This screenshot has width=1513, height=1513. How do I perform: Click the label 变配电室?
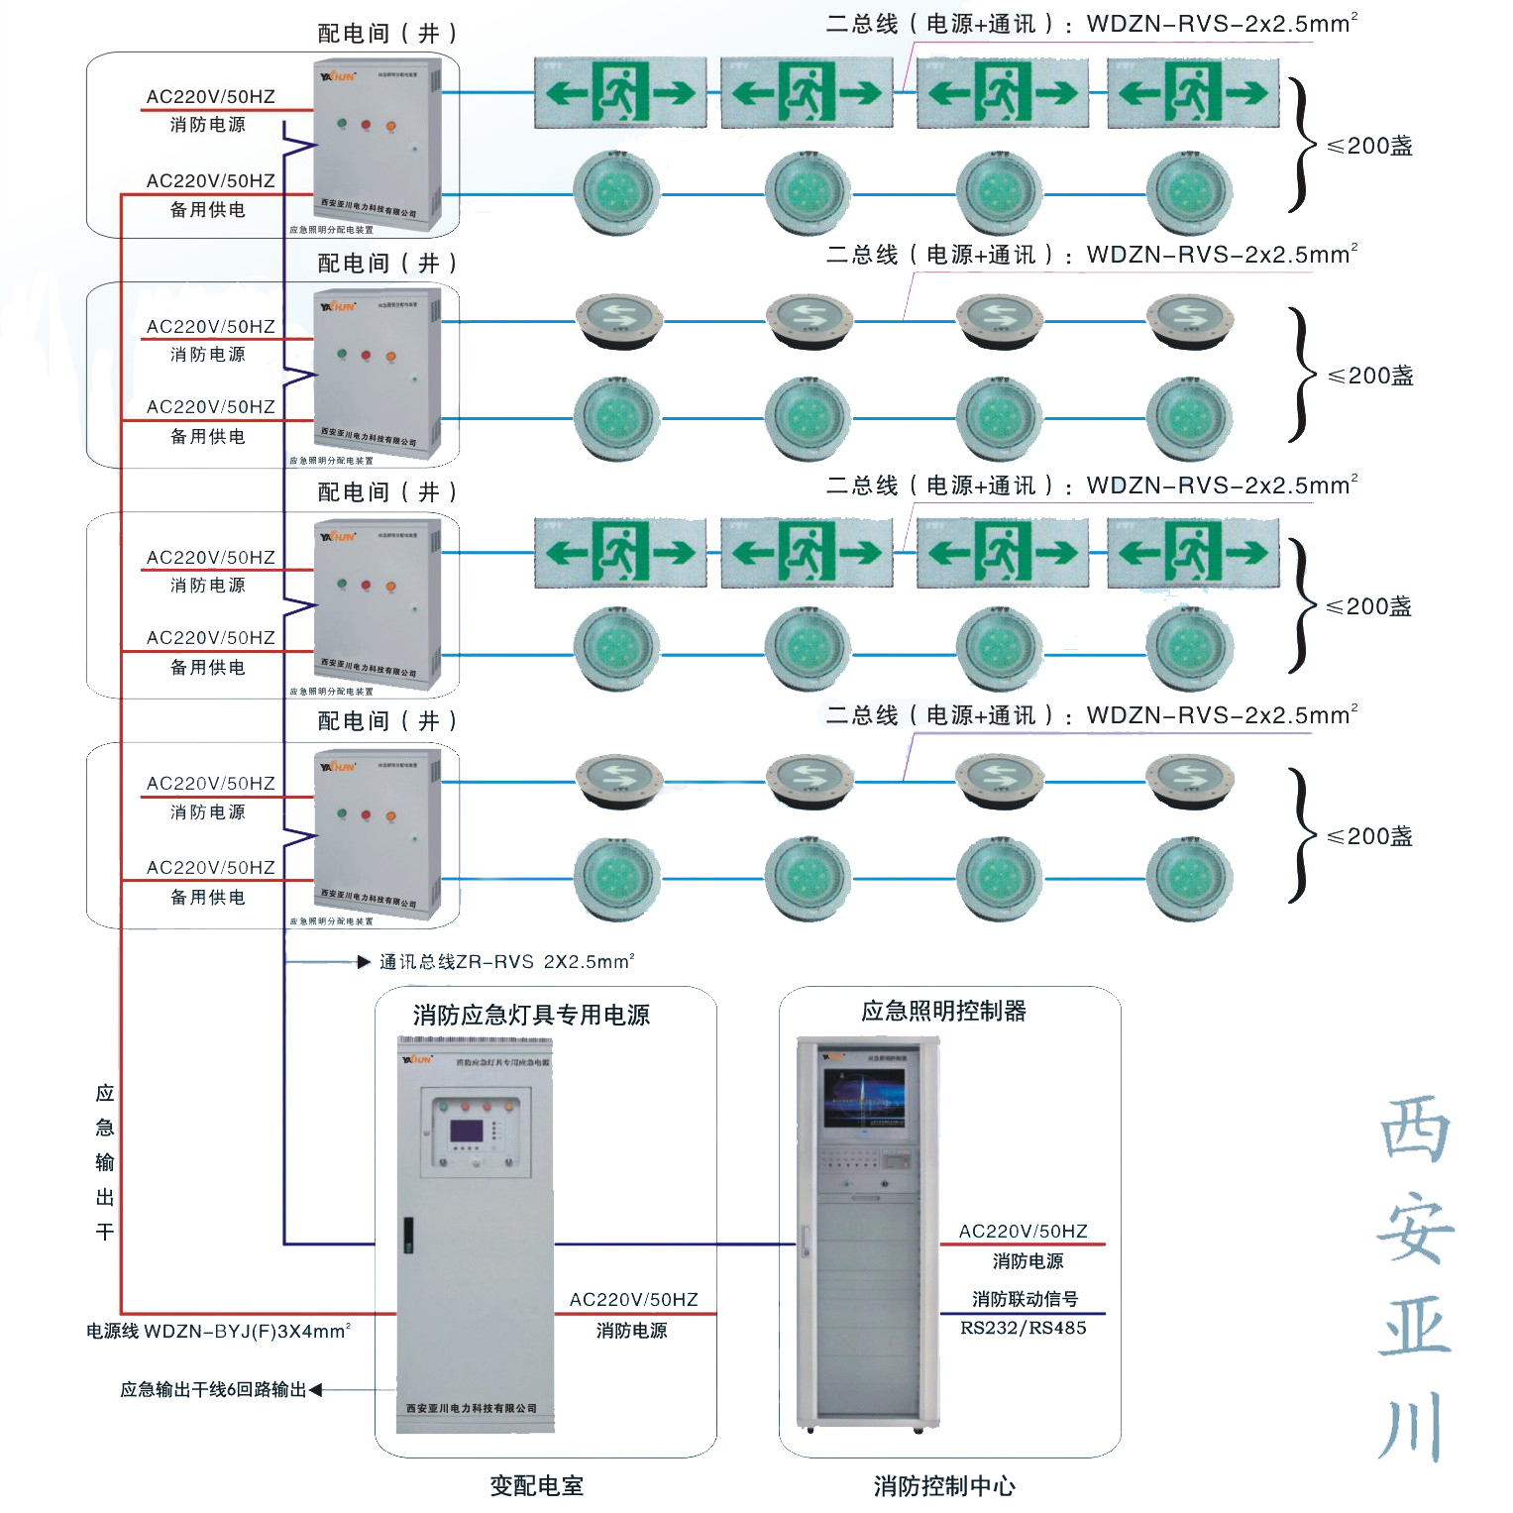pos(536,1485)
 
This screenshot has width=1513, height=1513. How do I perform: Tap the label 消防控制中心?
pos(944,1485)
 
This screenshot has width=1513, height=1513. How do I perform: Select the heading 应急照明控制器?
pos(943,1011)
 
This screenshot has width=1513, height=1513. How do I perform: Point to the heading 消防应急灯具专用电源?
pos(531,1015)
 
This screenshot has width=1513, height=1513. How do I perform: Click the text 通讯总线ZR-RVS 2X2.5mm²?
pos(506,961)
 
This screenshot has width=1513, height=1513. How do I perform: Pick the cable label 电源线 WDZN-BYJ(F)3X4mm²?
pos(218,1331)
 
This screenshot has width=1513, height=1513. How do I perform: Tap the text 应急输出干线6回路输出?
pos(213,1389)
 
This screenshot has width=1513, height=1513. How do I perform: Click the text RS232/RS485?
pos(1023,1328)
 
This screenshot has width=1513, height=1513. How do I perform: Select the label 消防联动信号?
pos(1025,1298)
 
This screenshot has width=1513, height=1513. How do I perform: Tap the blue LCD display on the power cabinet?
pos(467,1132)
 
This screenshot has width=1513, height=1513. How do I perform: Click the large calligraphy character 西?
pos(1415,1130)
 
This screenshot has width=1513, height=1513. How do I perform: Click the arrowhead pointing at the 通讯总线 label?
pos(364,961)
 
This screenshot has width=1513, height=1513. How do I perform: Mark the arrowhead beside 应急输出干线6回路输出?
pos(316,1390)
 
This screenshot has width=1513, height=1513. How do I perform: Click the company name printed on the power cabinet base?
pos(472,1408)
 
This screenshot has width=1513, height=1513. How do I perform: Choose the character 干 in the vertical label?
pos(105,1232)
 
